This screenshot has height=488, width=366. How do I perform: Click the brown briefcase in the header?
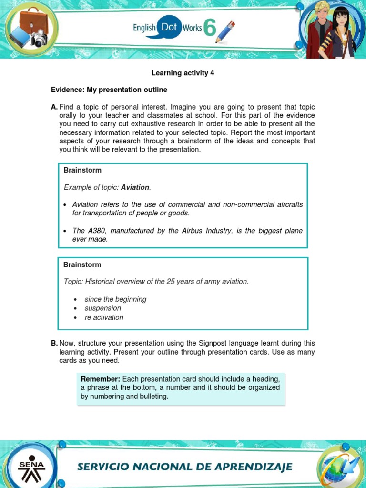click(x=34, y=22)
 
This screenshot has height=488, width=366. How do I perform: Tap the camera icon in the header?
click(x=40, y=39)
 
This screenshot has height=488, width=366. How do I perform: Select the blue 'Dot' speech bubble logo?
click(x=169, y=28)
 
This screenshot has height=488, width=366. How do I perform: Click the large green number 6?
click(x=210, y=29)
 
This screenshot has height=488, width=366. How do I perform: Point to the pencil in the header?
click(x=225, y=31)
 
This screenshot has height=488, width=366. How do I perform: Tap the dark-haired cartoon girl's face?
click(x=341, y=21)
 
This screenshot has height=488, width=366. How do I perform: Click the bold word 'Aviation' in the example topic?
click(x=135, y=187)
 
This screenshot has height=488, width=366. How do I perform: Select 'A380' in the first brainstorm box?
click(x=95, y=231)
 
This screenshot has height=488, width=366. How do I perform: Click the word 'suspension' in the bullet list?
click(x=102, y=308)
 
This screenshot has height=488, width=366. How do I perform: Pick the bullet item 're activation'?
click(x=104, y=317)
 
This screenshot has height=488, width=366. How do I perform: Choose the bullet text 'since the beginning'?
click(x=115, y=299)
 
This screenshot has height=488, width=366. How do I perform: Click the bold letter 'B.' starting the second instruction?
click(x=54, y=343)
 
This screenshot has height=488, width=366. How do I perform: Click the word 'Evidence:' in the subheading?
click(x=67, y=90)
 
